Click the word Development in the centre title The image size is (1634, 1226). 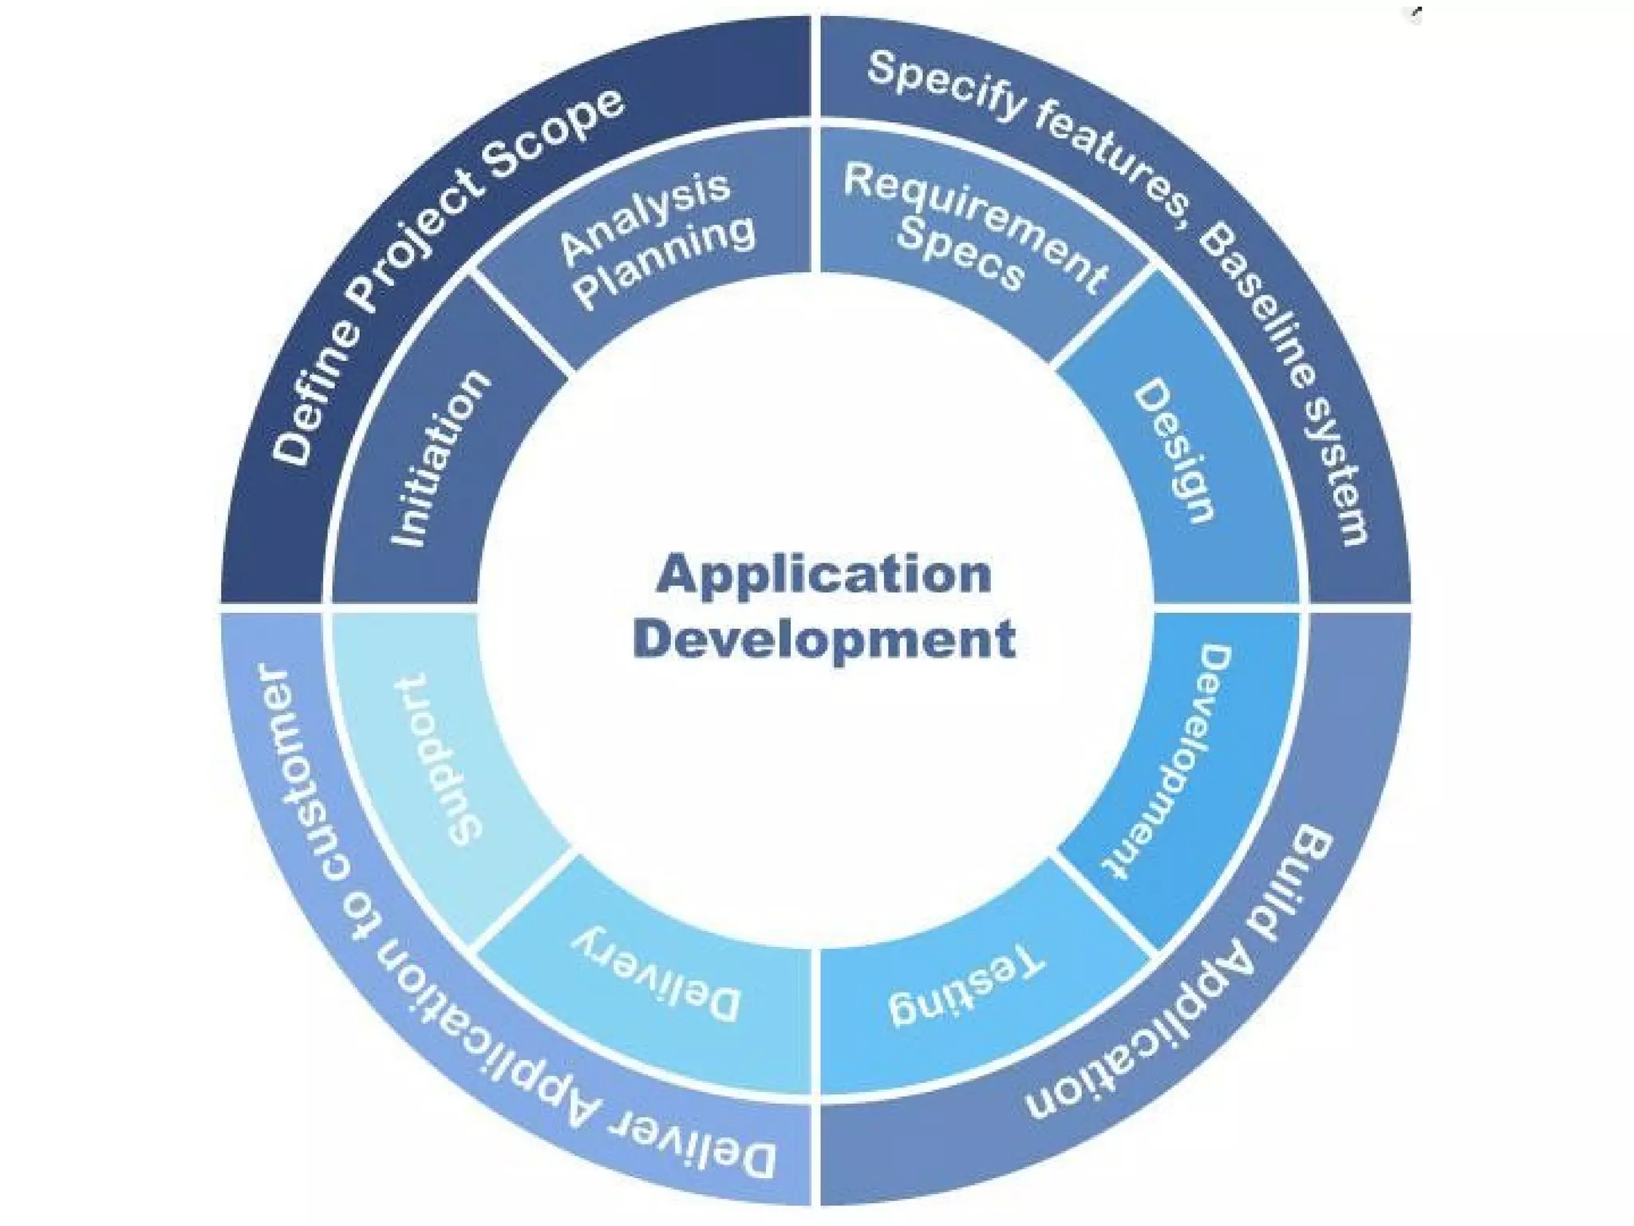[824, 639]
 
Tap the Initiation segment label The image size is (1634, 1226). [440, 458]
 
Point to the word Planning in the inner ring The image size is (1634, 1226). [665, 261]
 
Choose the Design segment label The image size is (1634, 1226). [1174, 451]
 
